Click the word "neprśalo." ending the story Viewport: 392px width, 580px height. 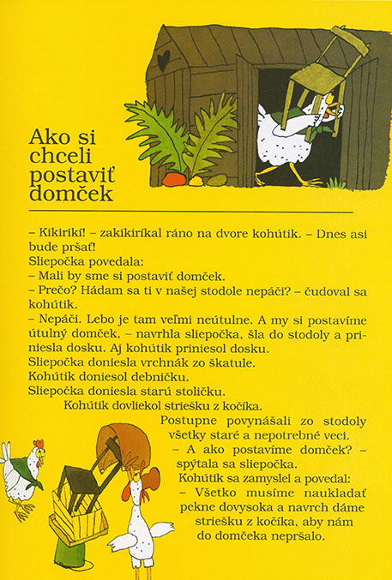coord(289,536)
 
